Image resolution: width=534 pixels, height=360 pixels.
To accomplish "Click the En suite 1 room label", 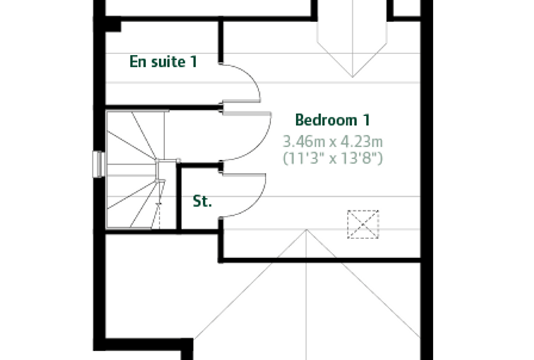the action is click(x=164, y=62).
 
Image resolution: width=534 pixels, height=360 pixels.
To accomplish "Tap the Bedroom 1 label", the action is click(x=332, y=120).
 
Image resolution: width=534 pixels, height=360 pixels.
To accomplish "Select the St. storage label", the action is click(x=202, y=201).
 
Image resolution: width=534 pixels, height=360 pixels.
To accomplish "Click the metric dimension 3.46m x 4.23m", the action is click(x=333, y=141).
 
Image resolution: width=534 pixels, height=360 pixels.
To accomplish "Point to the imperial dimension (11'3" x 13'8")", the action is click(x=333, y=158).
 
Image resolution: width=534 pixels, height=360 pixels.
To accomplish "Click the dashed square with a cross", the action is click(x=363, y=224).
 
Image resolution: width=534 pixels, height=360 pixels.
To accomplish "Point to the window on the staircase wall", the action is click(x=99, y=165).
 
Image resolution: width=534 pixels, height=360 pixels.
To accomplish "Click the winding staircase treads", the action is click(x=136, y=169).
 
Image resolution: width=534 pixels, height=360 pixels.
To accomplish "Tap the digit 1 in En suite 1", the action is click(x=194, y=62).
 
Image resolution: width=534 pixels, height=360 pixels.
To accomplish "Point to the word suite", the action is click(x=168, y=62).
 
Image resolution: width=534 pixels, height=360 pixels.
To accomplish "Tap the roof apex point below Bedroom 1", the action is click(x=306, y=230).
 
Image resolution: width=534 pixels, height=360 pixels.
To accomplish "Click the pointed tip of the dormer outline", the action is click(x=352, y=77).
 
